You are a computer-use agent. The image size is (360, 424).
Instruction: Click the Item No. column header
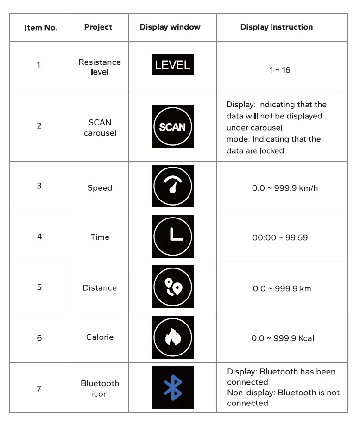click(41, 28)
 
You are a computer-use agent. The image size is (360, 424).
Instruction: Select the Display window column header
click(170, 27)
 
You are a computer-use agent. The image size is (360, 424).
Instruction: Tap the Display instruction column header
click(276, 27)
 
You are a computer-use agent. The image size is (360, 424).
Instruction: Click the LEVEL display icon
click(172, 65)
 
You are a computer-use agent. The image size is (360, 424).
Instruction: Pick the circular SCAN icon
click(172, 126)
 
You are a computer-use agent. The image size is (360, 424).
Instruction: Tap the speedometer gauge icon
click(172, 186)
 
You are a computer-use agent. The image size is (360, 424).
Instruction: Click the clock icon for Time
click(172, 237)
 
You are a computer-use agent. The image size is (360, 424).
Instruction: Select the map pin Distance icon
click(172, 287)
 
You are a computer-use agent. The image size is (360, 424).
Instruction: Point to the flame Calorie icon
click(172, 337)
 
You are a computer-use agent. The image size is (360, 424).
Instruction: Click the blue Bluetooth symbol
click(172, 388)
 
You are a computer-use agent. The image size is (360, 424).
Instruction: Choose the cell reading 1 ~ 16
click(280, 70)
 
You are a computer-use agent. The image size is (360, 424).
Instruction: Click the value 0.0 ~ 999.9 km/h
click(285, 188)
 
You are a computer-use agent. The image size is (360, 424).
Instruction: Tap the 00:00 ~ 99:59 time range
click(280, 238)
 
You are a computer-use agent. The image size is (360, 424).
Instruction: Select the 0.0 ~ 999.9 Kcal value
click(283, 338)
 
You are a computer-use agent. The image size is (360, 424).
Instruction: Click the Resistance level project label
click(100, 67)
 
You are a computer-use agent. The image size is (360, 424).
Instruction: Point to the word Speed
click(100, 188)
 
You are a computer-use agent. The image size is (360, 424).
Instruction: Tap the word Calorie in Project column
click(100, 337)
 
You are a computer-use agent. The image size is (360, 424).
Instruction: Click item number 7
click(39, 388)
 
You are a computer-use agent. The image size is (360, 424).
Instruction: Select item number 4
click(39, 237)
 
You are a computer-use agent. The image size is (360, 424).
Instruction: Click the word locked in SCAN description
click(272, 151)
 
